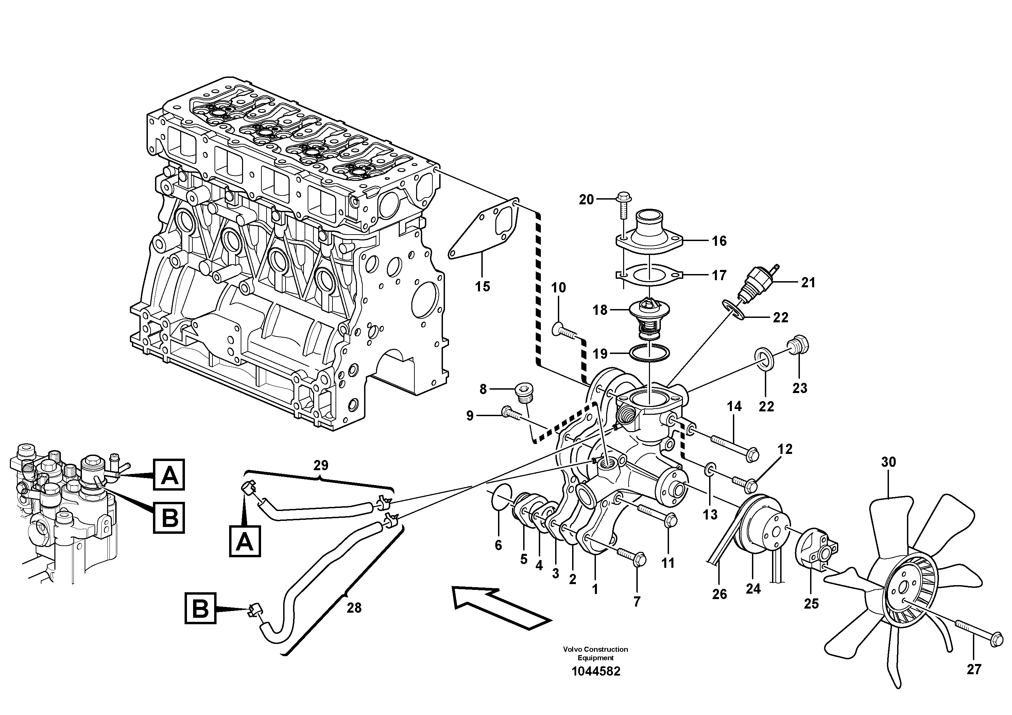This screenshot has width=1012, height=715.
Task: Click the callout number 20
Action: tap(586, 200)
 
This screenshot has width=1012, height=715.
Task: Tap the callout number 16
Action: tap(719, 241)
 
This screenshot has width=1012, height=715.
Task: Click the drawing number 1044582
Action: tap(596, 684)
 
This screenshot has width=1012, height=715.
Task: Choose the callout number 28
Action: tap(354, 608)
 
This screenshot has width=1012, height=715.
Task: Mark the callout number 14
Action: tap(734, 406)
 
